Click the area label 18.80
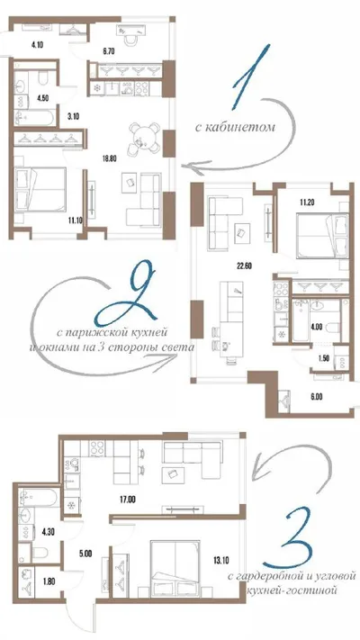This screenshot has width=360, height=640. coord(110,159)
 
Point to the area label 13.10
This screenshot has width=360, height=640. coord(220,561)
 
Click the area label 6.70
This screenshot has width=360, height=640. coord(109,51)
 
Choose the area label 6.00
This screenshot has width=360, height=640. coord(316,397)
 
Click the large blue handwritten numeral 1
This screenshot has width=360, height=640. coord(250,77)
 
